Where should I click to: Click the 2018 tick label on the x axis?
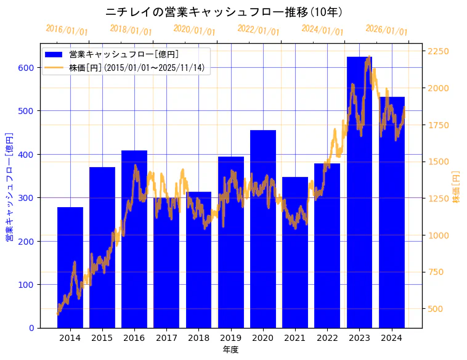point(198,338)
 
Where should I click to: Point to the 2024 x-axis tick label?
point(392,338)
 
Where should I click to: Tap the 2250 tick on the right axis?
point(439,51)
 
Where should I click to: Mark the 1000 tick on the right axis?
point(439,235)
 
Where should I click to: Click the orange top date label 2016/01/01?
point(67,30)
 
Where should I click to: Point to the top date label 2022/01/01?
point(258,30)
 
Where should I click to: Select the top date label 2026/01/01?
point(386,30)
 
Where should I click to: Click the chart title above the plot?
point(224,12)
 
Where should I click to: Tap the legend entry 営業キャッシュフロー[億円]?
point(124,54)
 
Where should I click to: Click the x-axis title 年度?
point(230,350)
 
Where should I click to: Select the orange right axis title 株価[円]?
point(456,187)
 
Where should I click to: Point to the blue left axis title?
point(9,187)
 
